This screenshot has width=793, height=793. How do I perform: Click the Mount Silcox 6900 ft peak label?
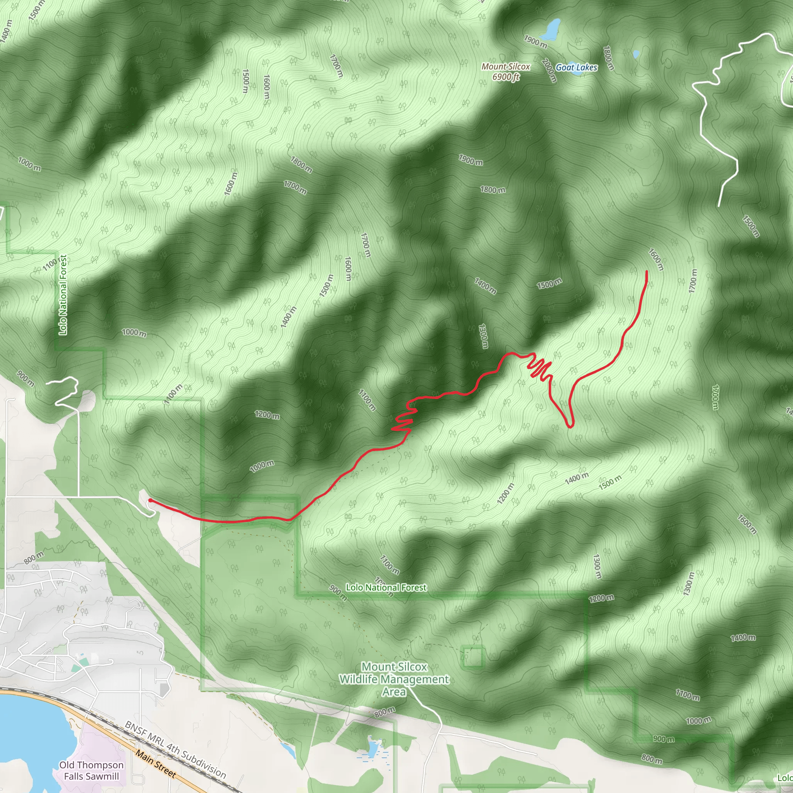[x=506, y=71]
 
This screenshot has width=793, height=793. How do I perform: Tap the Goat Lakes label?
[x=576, y=68]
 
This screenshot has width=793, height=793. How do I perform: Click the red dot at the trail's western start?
[x=150, y=500]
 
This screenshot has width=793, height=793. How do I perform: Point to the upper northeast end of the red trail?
[x=647, y=272]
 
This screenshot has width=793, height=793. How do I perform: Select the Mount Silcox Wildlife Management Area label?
[x=394, y=679]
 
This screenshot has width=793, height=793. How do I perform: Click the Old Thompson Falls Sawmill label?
[x=91, y=771]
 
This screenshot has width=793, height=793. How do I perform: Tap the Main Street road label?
[x=156, y=764]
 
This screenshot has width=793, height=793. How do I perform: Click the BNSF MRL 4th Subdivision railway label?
[x=175, y=750]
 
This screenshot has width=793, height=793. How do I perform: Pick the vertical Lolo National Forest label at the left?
[x=63, y=295]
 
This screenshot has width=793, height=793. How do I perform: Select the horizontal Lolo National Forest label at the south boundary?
[x=386, y=587]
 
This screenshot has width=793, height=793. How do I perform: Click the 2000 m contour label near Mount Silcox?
[x=549, y=70]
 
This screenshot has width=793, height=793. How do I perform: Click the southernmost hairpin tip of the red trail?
[x=570, y=426]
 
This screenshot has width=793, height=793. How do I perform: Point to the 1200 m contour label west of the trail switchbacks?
[x=267, y=415]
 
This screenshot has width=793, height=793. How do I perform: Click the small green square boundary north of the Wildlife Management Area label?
[x=473, y=657]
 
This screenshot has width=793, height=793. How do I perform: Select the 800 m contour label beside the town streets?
[x=34, y=558]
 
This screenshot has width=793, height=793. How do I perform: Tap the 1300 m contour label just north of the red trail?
[x=483, y=336]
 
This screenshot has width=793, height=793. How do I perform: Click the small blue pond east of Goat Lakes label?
[x=636, y=54]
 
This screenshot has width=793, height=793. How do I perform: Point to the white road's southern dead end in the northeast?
[x=719, y=206]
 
